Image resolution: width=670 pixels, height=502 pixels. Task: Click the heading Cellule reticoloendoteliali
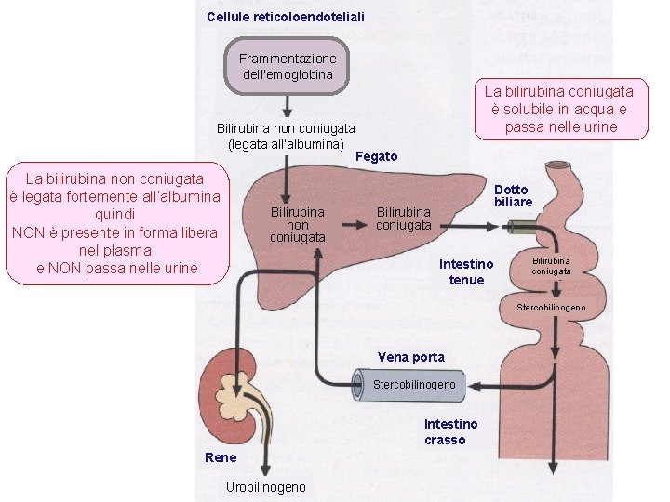click(x=286, y=17)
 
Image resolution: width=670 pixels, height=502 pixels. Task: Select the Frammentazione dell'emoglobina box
click(x=288, y=66)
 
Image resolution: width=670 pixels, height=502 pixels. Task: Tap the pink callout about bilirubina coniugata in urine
click(x=560, y=109)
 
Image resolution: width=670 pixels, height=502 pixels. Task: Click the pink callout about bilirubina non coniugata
click(x=115, y=223)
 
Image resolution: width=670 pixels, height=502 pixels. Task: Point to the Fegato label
click(x=377, y=156)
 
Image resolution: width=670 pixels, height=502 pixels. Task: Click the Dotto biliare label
click(x=513, y=196)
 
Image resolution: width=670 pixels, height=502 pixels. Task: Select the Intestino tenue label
click(x=466, y=272)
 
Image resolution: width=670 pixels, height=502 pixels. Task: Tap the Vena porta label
click(x=411, y=357)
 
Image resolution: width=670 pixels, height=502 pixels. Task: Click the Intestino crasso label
click(x=450, y=432)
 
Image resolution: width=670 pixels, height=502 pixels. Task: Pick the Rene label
click(x=221, y=457)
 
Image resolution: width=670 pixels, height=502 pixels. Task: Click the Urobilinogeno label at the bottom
click(x=265, y=487)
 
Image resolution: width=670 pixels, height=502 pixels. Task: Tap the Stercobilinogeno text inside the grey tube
click(x=414, y=385)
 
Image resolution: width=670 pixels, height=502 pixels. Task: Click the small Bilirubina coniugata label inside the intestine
click(x=552, y=266)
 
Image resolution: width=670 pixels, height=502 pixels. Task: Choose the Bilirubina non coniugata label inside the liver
click(x=298, y=224)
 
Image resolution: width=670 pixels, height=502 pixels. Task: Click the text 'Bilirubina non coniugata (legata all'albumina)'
click(x=286, y=136)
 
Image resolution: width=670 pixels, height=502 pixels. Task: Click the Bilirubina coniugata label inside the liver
click(x=404, y=218)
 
